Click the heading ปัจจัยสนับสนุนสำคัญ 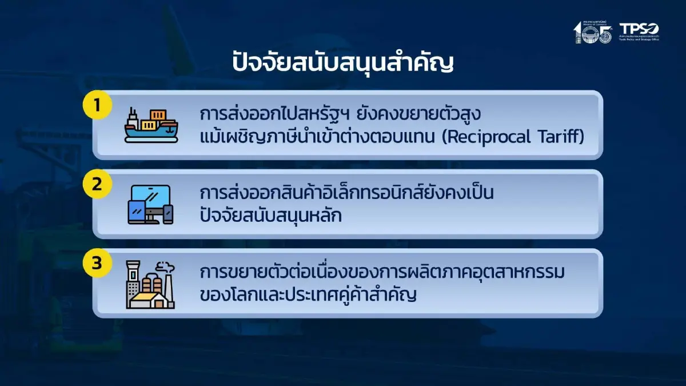(x=342, y=62)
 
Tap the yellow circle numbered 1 (x=97, y=105)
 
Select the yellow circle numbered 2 (x=97, y=184)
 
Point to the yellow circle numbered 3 (x=97, y=263)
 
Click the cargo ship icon (x=151, y=125)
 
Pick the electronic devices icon (x=150, y=204)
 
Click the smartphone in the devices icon (x=167, y=214)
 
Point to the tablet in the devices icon (x=137, y=213)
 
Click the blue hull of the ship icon (x=151, y=135)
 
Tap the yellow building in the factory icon (x=145, y=298)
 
